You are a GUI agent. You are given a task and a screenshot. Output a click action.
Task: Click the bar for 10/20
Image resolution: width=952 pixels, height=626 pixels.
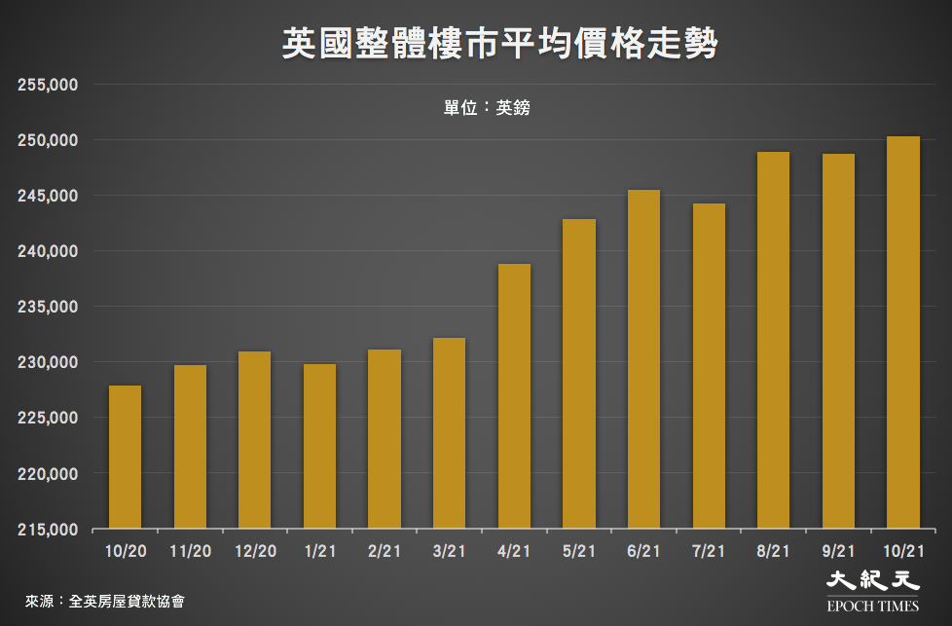coord(125,458)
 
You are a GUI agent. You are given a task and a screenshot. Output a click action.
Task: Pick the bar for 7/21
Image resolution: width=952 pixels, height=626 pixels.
coord(709,366)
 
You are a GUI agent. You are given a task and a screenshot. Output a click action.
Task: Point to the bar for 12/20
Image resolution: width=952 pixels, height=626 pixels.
coord(254,440)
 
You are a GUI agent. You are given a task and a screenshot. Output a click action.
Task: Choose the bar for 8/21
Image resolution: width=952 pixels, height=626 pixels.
coord(773,341)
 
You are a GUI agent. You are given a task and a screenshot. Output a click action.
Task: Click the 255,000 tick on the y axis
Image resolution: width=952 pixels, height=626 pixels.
coord(48,85)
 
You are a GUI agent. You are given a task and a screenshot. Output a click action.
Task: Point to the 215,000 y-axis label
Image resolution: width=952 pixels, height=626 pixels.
coord(48,530)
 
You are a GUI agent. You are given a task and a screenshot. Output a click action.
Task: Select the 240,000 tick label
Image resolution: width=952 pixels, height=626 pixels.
coord(48,251)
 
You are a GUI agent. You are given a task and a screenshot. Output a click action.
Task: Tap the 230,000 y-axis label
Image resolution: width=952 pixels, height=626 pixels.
coord(48,362)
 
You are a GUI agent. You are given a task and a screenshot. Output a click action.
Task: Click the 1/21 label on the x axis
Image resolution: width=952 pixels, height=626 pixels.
coord(319,551)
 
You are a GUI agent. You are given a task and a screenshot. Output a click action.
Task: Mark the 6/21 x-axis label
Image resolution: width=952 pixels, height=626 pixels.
coord(643,551)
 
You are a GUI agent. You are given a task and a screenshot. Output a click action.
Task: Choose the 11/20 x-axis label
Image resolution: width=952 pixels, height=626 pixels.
coord(190,551)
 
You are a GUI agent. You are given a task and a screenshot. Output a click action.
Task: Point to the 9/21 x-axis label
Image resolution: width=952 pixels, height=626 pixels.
coord(838,551)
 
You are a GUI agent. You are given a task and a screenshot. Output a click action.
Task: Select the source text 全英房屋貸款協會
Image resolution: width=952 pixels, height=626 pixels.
coord(127,601)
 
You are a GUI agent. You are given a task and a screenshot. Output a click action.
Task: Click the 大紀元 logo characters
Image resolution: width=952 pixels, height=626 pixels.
coord(872,581)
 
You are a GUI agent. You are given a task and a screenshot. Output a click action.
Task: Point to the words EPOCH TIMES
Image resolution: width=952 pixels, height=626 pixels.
coord(872,606)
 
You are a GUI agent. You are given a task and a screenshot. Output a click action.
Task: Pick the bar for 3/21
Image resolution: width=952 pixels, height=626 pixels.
coord(449,433)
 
